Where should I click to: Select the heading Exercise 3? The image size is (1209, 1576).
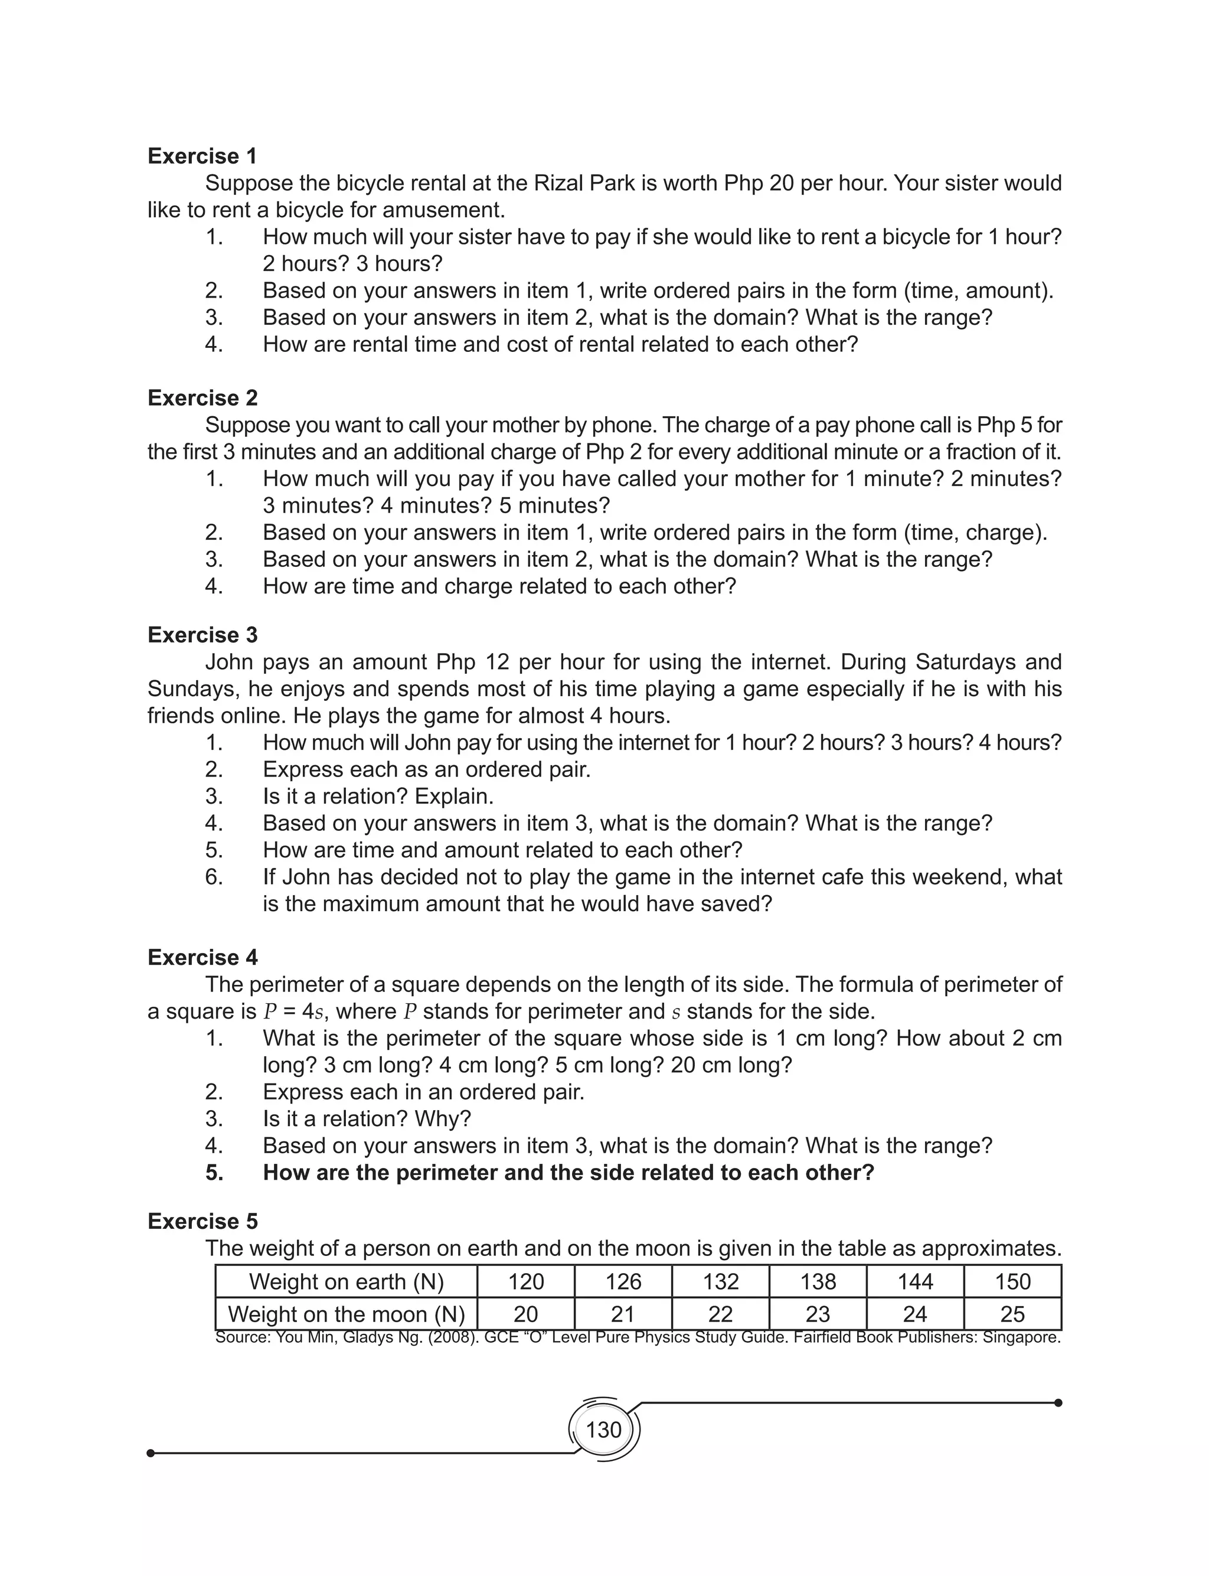pos(202,635)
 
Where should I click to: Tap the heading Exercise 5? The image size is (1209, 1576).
pos(202,1221)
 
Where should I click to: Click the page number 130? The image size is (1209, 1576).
pos(603,1429)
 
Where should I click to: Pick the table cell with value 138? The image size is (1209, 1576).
pos(818,1282)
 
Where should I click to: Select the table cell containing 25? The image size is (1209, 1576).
pos(1012,1314)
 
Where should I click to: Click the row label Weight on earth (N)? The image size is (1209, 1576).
pos(346,1282)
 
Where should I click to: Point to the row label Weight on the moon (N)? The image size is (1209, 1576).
pos(346,1314)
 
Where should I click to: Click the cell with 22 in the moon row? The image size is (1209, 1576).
pos(720,1314)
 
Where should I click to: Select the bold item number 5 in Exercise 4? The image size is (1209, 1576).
pos(214,1173)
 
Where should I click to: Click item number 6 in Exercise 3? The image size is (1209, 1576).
pos(214,877)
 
